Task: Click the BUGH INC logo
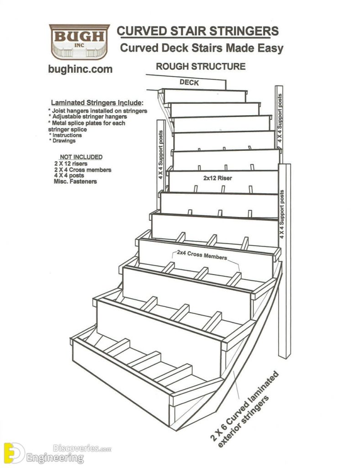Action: (79, 42)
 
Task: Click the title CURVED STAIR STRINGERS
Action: (197, 31)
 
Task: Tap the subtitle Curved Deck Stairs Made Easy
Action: (201, 48)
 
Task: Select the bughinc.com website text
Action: (80, 69)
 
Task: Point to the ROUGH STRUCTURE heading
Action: (201, 66)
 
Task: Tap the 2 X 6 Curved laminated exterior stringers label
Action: (244, 408)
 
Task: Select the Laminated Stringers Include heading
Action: (97, 102)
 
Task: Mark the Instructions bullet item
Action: (67, 135)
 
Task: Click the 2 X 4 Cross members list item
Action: (82, 170)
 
